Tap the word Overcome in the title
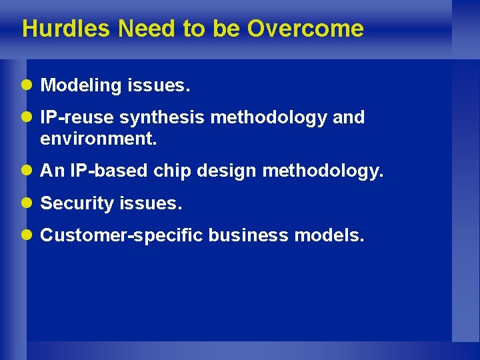(305, 29)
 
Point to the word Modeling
(77, 86)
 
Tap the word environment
(97, 139)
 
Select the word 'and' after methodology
(348, 118)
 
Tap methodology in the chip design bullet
(323, 171)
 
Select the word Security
(77, 203)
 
